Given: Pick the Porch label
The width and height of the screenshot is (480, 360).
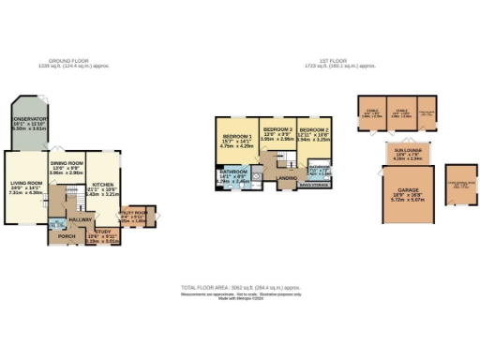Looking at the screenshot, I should (67, 235).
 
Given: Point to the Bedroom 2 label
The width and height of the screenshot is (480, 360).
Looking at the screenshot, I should (315, 131).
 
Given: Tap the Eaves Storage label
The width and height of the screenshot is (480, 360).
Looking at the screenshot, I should (313, 186).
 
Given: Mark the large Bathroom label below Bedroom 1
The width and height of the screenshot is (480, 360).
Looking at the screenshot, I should (233, 172).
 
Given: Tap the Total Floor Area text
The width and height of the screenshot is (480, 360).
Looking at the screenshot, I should (240, 287).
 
